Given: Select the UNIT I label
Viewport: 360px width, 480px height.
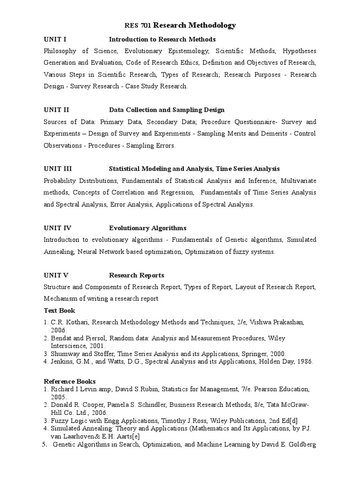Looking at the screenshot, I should pos(55,39).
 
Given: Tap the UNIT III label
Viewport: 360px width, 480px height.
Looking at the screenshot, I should pos(58,169).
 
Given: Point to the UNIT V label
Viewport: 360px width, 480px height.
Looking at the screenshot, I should pos(56,275).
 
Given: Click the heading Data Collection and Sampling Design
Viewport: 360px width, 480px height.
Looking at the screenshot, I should pos(166,110).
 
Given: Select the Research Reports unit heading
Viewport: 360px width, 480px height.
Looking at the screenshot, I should pos(136,275).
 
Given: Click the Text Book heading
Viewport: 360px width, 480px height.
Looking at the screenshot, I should pos(60,310).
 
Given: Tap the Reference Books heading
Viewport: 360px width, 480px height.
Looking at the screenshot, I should pos(70,381).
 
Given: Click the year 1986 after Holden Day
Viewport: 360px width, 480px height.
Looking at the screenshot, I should pos(305,362).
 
